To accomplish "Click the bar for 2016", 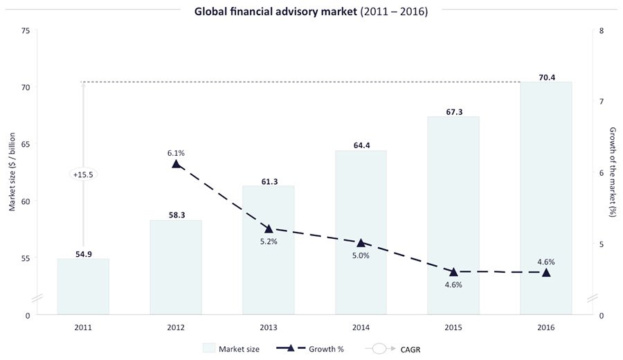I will coord(545,198).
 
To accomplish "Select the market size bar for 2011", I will coord(83,287).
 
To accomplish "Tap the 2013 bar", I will coord(269,250).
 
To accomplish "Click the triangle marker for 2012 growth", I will coord(176,164).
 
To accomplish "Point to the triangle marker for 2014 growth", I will coord(361,242).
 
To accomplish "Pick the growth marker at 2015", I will coord(453,271).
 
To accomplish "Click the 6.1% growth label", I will coord(176,152).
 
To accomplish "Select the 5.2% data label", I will coord(269,241).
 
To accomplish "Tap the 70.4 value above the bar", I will coord(545,77).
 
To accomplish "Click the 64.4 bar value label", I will coord(361,145).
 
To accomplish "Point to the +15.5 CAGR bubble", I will coord(83,175).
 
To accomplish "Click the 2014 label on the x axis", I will coord(361,327).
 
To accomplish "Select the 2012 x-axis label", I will coord(176,327).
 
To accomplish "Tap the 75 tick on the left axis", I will coord(26,31).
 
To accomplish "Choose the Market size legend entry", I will coord(231,349).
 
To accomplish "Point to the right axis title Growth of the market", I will coord(613,172).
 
